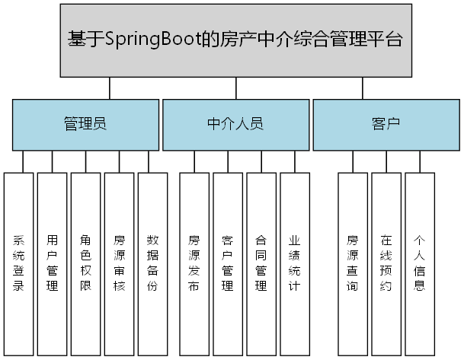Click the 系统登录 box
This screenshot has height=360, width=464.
click(19, 263)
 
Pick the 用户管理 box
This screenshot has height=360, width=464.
click(52, 263)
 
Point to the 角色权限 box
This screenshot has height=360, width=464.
click(85, 263)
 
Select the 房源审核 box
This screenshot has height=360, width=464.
click(119, 263)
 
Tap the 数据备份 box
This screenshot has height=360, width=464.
click(152, 263)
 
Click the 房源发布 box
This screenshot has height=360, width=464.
click(194, 263)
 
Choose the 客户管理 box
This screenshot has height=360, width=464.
click(227, 263)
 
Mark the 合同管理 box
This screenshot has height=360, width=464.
click(261, 263)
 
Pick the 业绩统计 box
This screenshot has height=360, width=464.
click(294, 263)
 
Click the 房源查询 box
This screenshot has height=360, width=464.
click(352, 263)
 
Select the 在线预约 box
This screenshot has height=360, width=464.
click(386, 263)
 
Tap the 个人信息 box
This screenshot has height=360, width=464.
click(419, 263)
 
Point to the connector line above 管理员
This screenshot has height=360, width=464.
click(110, 88)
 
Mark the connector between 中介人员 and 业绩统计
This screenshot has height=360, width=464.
click(294, 161)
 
